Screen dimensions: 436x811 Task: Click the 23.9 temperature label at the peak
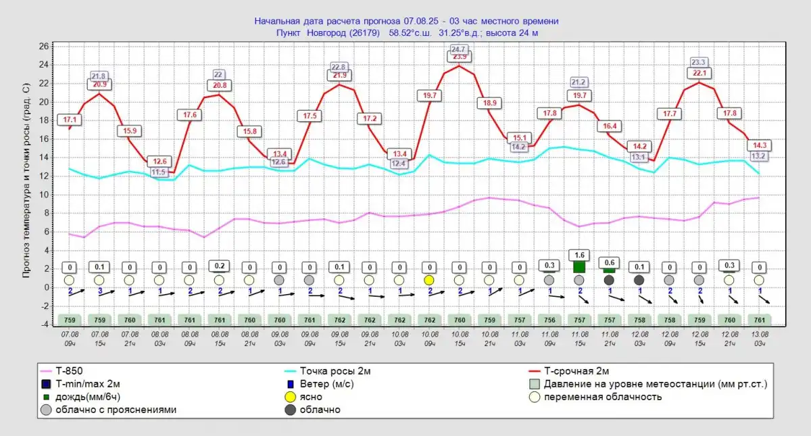[x=460, y=57]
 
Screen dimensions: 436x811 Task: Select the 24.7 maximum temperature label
[x=460, y=49]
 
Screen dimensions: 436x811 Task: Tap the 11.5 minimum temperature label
[x=159, y=172]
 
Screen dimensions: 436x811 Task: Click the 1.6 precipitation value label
[x=579, y=254]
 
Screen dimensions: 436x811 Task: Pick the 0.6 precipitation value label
[x=609, y=262]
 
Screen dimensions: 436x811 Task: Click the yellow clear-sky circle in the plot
[x=429, y=280]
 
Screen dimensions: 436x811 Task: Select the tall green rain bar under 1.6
[x=579, y=267]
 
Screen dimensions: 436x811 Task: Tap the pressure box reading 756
[x=549, y=320]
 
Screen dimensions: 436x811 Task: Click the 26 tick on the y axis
[x=44, y=47]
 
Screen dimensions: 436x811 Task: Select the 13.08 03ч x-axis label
[x=760, y=338]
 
